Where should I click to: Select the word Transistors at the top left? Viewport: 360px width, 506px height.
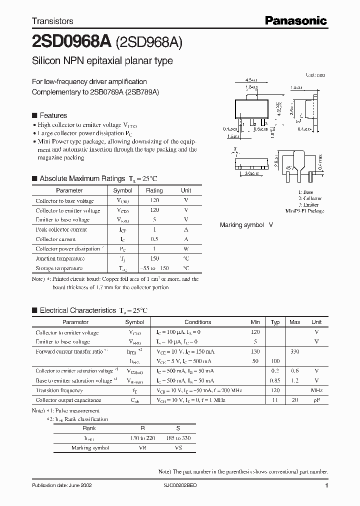52,21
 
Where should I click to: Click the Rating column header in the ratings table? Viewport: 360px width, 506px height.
154,190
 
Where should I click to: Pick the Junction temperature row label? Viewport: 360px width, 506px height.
60,258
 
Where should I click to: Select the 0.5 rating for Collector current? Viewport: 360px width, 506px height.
154,239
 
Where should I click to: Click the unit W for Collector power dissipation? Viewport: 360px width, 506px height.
186,248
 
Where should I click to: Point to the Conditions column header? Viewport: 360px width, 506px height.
198,322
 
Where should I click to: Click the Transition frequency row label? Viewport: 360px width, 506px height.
59,390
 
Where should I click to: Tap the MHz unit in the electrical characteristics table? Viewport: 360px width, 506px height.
316,390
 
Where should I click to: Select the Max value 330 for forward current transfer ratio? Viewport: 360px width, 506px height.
294,351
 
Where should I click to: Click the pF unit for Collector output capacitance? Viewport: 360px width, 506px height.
316,400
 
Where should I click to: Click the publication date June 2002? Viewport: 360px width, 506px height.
61,485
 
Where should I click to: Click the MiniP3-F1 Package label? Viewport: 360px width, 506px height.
304,211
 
